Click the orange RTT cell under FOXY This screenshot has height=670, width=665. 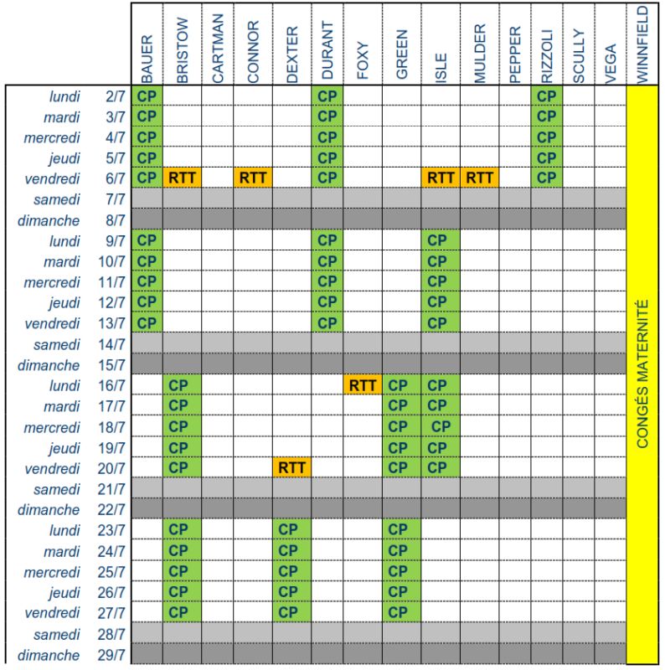click(x=363, y=385)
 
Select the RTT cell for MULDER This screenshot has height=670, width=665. click(x=479, y=178)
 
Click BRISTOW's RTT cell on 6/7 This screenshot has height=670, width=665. click(x=183, y=178)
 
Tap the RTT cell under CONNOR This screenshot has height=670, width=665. click(x=253, y=178)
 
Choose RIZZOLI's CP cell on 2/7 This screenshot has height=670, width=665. click(x=546, y=95)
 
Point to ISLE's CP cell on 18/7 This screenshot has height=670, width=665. click(x=441, y=426)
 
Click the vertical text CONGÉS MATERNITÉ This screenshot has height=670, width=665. click(x=642, y=373)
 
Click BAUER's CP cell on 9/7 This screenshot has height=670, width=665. click(x=147, y=240)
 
